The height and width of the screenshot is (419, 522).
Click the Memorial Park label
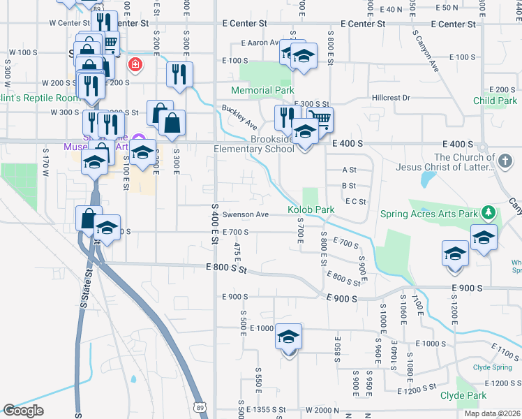click(262, 90)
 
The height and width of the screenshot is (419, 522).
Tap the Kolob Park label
click(311, 209)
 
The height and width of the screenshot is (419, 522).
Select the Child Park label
click(495, 101)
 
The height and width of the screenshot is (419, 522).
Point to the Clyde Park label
click(463, 395)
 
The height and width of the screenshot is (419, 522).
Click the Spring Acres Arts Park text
click(428, 214)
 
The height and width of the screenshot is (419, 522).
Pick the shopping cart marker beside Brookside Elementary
click(320, 119)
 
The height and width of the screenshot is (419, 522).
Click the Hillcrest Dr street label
click(391, 98)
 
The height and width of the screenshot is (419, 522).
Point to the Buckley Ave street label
click(239, 117)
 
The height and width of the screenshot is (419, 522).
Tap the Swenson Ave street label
click(245, 214)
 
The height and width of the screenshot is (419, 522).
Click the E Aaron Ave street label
click(260, 43)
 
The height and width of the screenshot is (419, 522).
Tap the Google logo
click(23, 411)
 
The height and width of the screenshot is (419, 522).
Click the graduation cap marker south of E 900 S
click(288, 337)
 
